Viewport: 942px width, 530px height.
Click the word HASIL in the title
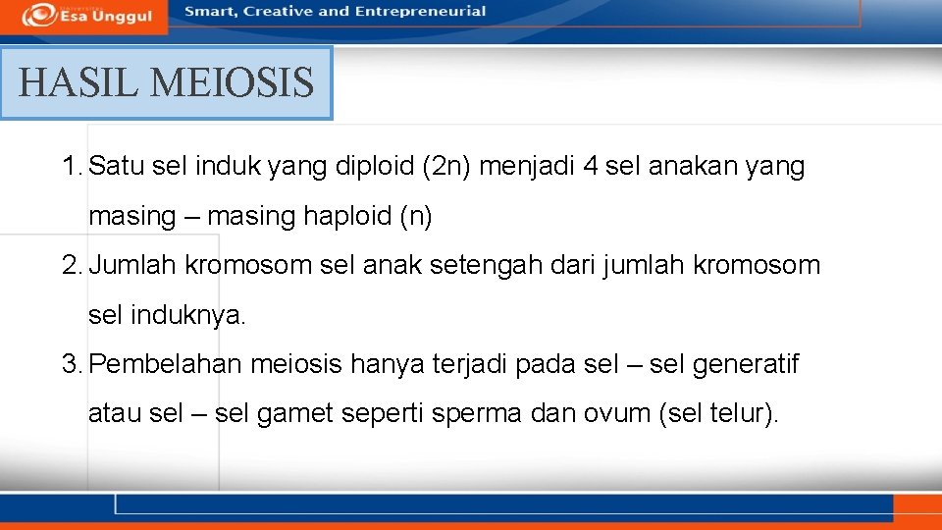(78, 82)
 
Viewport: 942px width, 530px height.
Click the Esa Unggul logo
(89, 14)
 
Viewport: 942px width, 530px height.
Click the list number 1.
(71, 167)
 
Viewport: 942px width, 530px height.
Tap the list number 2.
(71, 265)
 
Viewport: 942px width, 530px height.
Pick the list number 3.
(71, 365)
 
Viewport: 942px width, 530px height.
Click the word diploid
(377, 167)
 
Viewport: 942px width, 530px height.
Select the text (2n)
(450, 167)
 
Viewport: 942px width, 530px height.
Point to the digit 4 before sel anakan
(589, 167)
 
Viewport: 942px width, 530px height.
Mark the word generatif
(745, 365)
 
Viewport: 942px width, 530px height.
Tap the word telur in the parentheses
(735, 414)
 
